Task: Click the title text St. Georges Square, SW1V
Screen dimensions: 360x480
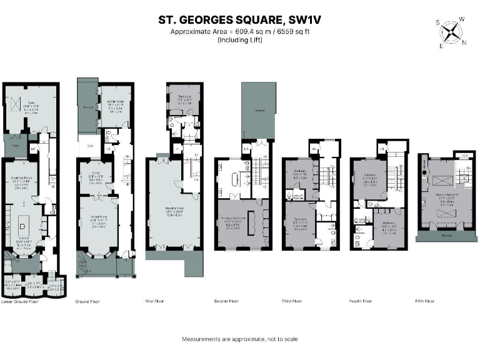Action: [x=240, y=20]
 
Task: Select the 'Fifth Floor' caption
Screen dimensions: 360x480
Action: [x=424, y=301]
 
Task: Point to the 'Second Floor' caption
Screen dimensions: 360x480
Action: [x=226, y=301]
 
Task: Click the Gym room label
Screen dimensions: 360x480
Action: [x=31, y=106]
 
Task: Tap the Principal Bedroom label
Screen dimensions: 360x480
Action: [x=232, y=219]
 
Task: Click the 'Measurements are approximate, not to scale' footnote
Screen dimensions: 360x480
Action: [x=240, y=339]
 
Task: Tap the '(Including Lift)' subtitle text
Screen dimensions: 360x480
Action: [x=240, y=40]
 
